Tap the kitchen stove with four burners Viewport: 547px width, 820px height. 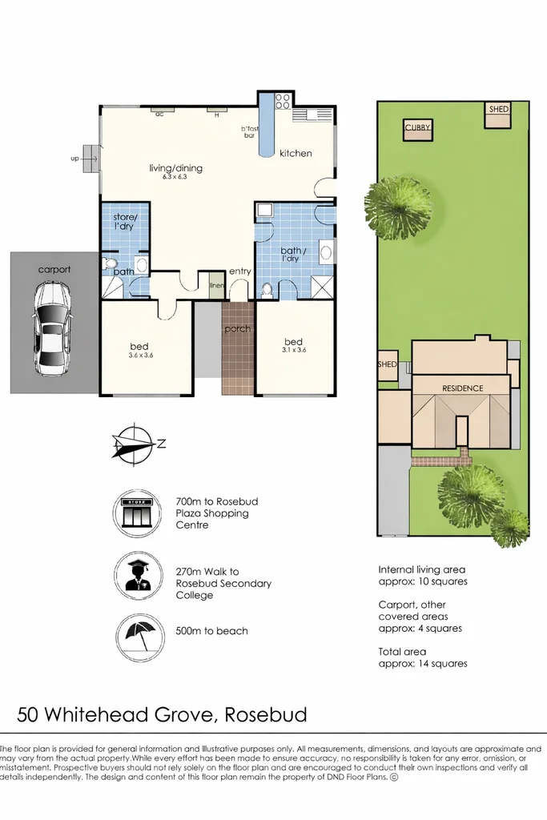283,102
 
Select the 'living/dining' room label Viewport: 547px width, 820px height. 175,168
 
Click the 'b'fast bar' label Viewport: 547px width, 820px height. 249,132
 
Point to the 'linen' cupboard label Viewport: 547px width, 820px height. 215,285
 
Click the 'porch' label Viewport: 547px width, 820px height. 237,329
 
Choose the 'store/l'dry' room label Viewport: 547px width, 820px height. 126,222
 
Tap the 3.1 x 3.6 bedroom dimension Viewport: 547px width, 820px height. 294,349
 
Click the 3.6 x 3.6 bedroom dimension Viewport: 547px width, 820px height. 139,356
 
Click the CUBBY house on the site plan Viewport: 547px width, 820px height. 417,130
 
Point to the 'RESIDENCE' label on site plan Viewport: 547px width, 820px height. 463,388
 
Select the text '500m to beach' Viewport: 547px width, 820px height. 211,631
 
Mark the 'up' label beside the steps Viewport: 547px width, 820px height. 74,159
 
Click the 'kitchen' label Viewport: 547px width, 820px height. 296,153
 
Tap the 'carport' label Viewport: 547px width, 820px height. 54,270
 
